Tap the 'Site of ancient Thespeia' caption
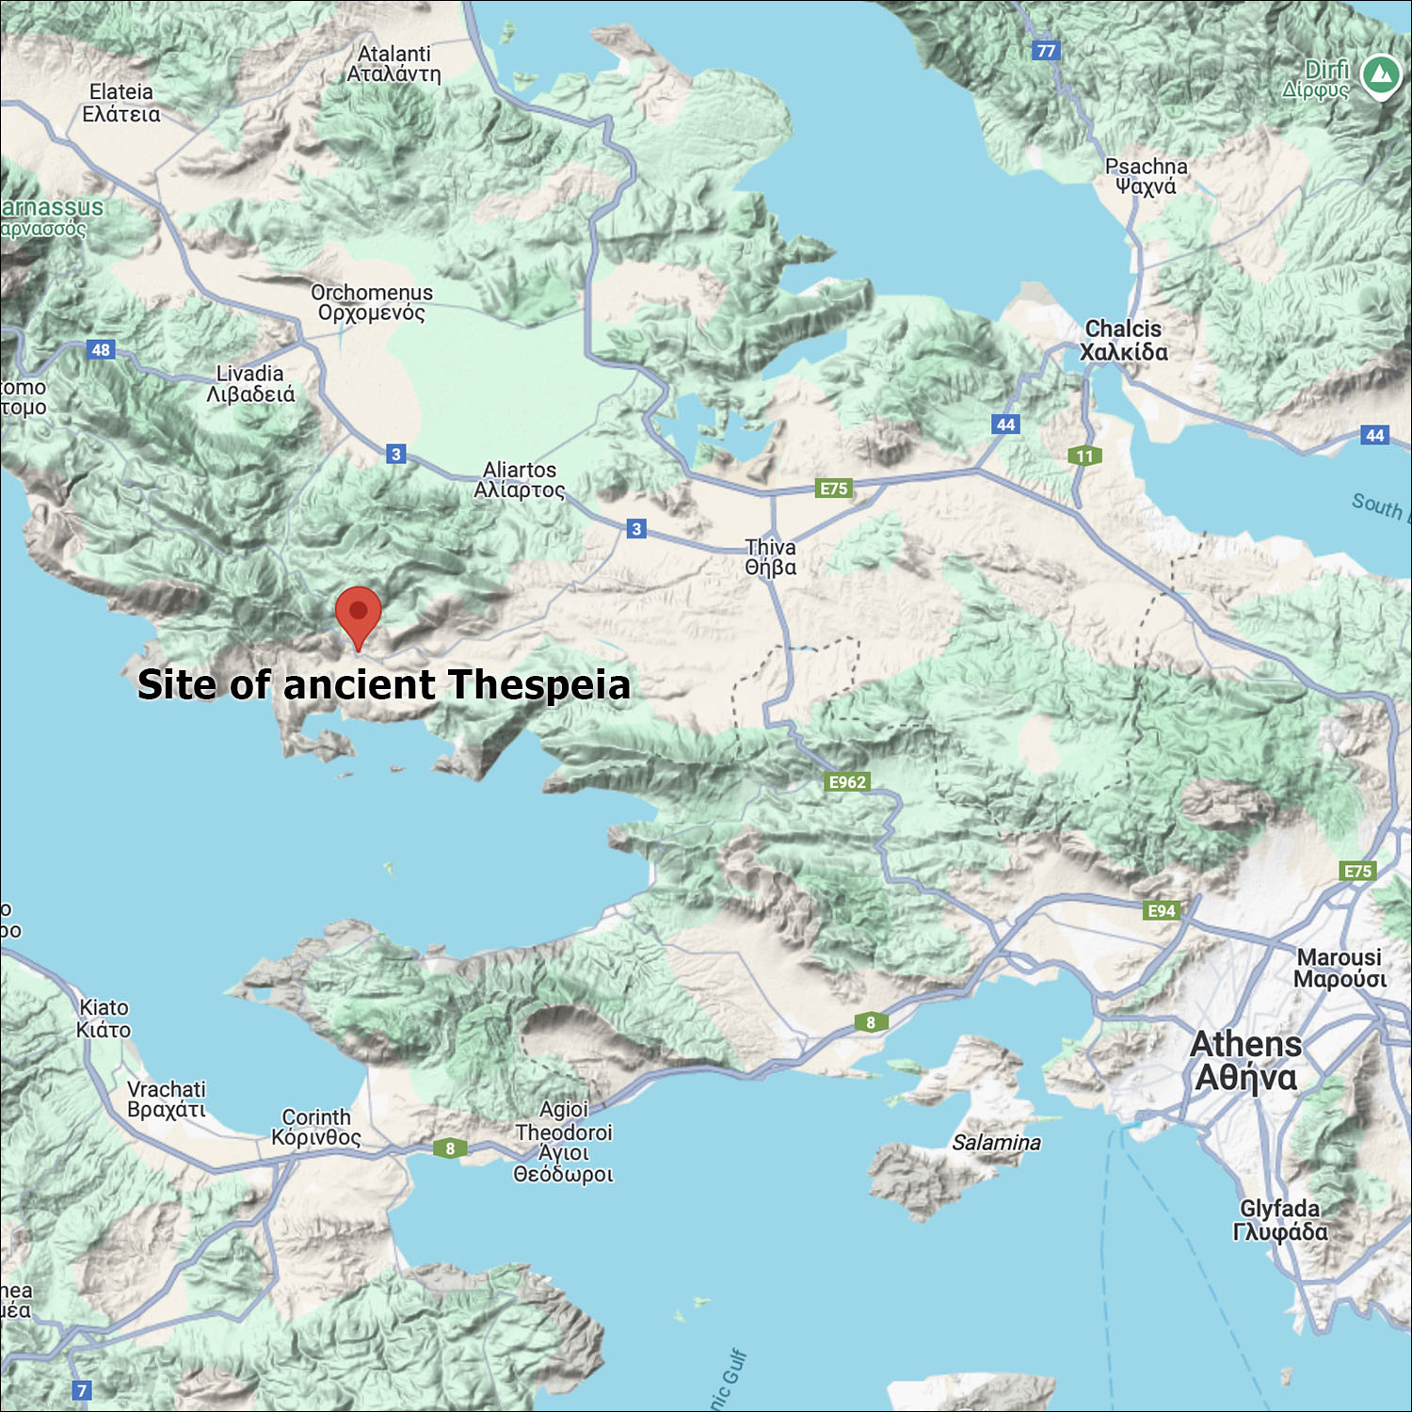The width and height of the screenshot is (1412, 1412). tap(384, 684)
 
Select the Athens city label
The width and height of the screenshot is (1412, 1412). tap(1245, 1061)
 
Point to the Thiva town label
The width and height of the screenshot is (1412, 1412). tap(770, 557)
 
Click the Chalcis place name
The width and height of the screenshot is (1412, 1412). tap(1124, 341)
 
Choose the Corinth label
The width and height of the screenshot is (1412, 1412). tap(316, 1128)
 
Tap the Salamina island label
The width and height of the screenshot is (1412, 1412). tap(996, 1143)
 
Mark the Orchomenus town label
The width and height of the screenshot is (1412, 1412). tap(372, 303)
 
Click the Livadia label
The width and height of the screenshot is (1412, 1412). tap(250, 384)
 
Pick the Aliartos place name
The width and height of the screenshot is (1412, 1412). tap(520, 480)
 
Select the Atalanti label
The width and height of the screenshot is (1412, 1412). tap(393, 64)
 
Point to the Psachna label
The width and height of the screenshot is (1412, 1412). tap(1146, 176)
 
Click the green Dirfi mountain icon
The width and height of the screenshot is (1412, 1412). tap(1381, 75)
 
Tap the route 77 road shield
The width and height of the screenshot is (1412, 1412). tap(1046, 51)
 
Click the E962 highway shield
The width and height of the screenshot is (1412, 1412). tap(847, 782)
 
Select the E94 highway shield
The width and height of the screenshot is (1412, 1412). tap(1162, 910)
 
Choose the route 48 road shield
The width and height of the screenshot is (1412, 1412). tap(101, 350)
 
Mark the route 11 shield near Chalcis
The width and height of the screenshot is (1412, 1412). tap(1084, 457)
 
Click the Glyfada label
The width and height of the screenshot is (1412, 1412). tap(1280, 1220)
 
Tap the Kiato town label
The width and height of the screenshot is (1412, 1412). tap(104, 1019)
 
